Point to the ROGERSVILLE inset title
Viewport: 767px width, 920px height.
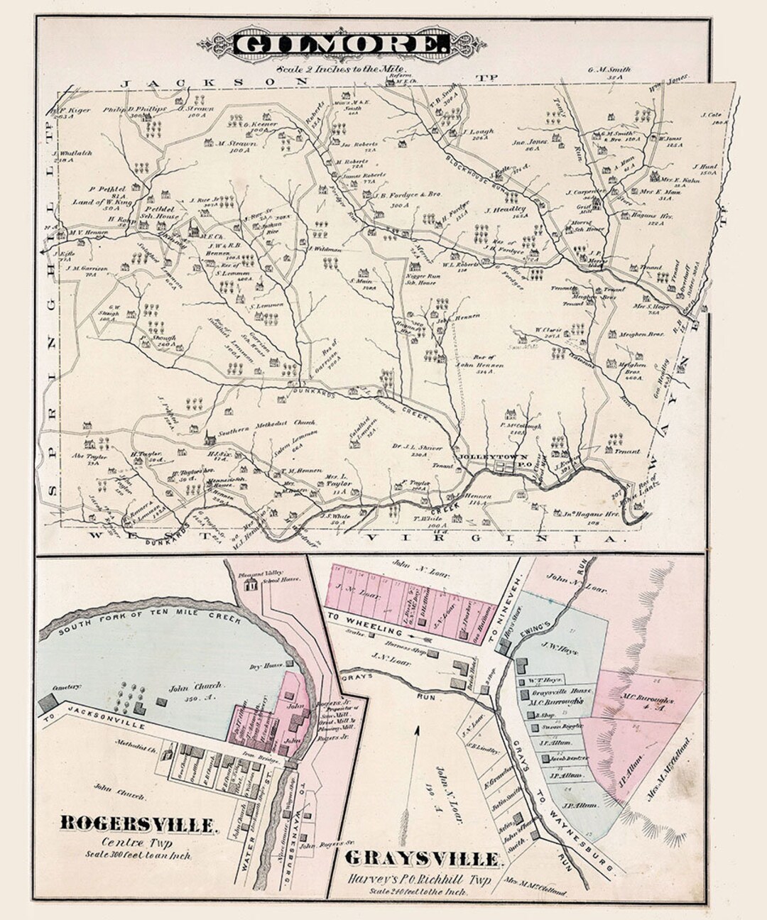pyautogui.click(x=137, y=824)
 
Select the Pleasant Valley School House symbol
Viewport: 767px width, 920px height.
pyautogui.click(x=250, y=585)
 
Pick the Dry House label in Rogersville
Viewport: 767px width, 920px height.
pyautogui.click(x=270, y=666)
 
